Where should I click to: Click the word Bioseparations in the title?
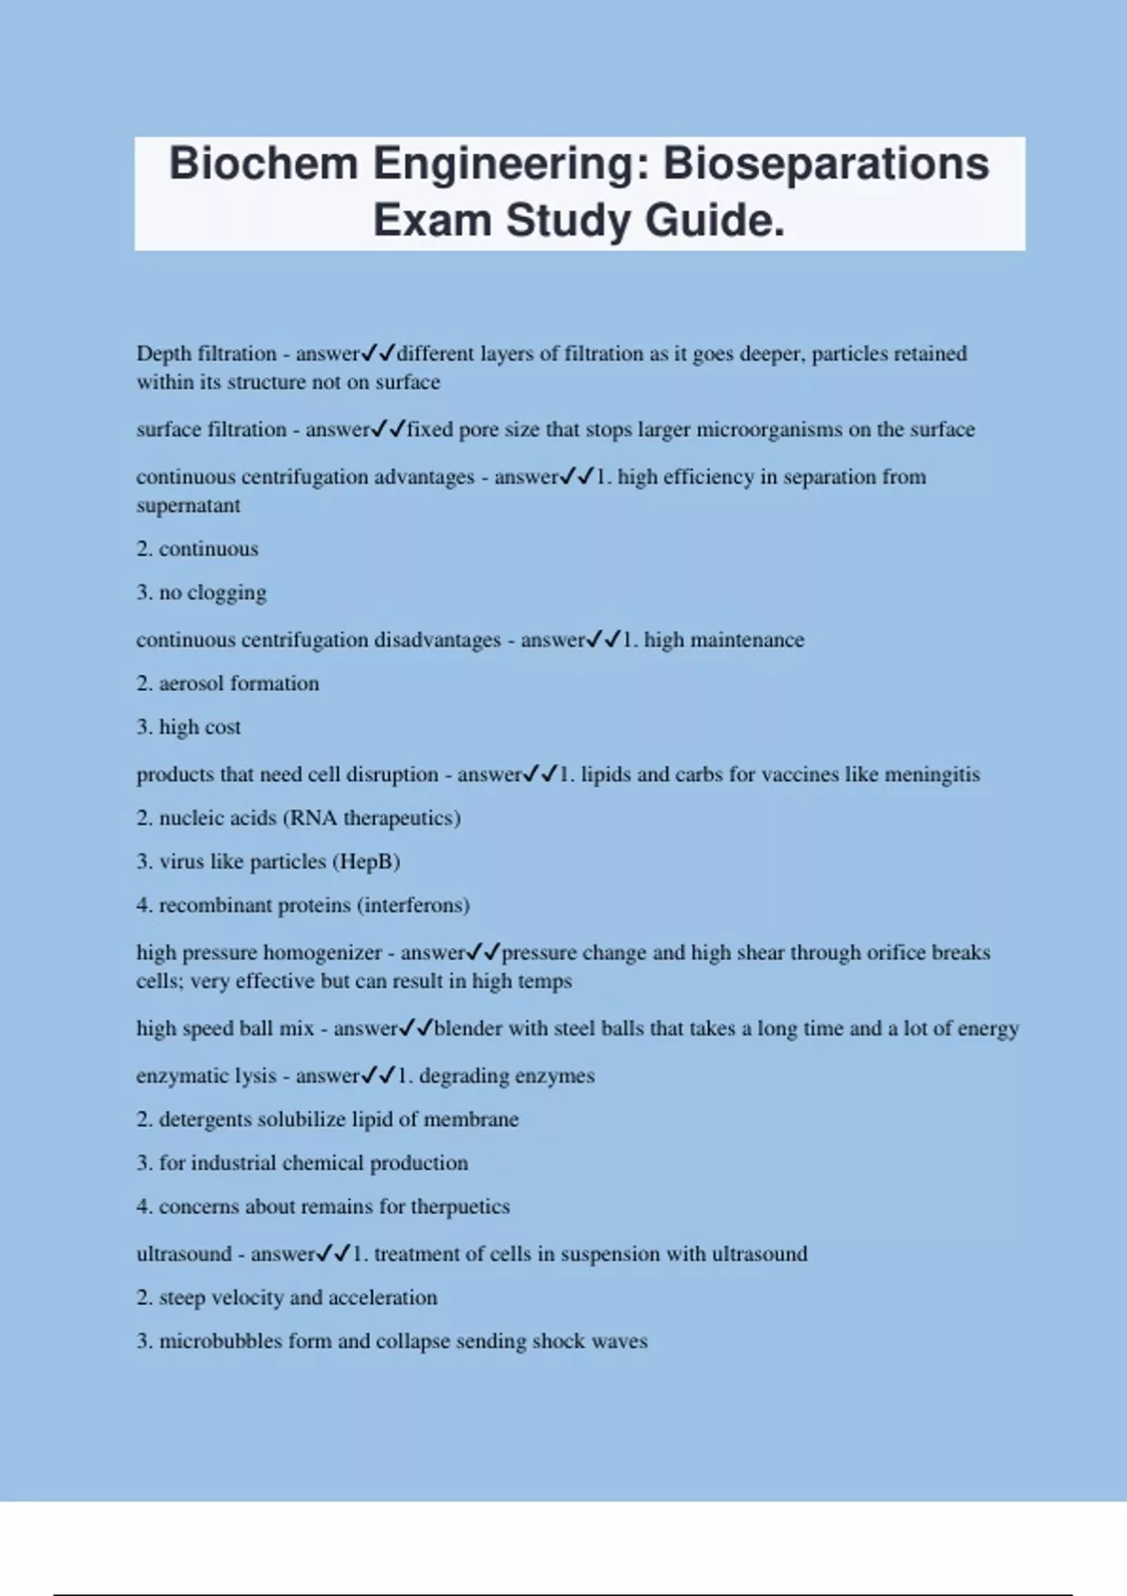(826, 163)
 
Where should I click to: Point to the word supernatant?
(188, 506)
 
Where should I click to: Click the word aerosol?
(192, 683)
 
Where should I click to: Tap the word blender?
(467, 1029)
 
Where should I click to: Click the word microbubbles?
(220, 1342)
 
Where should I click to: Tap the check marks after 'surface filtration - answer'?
(388, 430)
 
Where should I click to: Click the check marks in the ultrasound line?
(333, 1253)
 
